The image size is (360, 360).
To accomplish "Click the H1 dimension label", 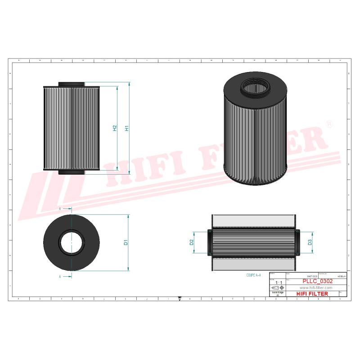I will pyautogui.click(x=127, y=128).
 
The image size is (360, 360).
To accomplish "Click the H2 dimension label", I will pyautogui.click(x=115, y=128).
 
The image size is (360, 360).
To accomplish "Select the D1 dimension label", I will pyautogui.click(x=126, y=243).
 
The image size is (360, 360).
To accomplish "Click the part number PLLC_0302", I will pyautogui.click(x=318, y=281).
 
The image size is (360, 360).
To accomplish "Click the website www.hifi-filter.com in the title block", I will pyautogui.click(x=315, y=288).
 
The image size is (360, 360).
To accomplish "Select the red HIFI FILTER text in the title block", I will pyautogui.click(x=313, y=294).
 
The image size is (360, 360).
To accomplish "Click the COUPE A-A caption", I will pyautogui.click(x=253, y=274).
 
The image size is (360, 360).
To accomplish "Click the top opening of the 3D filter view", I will pyautogui.click(x=254, y=84).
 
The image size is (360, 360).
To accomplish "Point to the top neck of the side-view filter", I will pyautogui.click(x=71, y=84).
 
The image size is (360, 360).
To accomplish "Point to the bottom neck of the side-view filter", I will pyautogui.click(x=71, y=172).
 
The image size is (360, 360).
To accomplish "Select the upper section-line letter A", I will pyautogui.click(x=60, y=209).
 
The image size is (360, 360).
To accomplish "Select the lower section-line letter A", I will pyautogui.click(x=60, y=277).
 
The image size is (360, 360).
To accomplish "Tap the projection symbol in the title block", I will pyautogui.click(x=277, y=288).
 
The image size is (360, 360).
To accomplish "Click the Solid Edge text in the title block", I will pyautogui.click(x=277, y=292).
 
